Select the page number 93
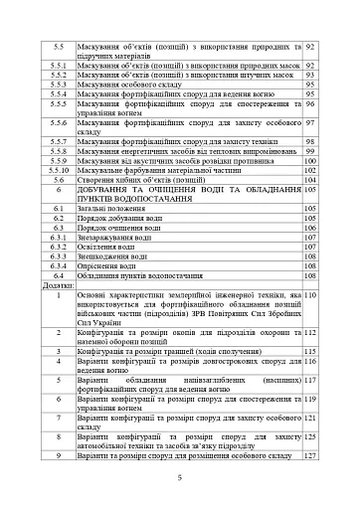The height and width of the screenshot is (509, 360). tap(311, 75)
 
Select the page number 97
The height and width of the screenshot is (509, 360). tap(311, 123)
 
